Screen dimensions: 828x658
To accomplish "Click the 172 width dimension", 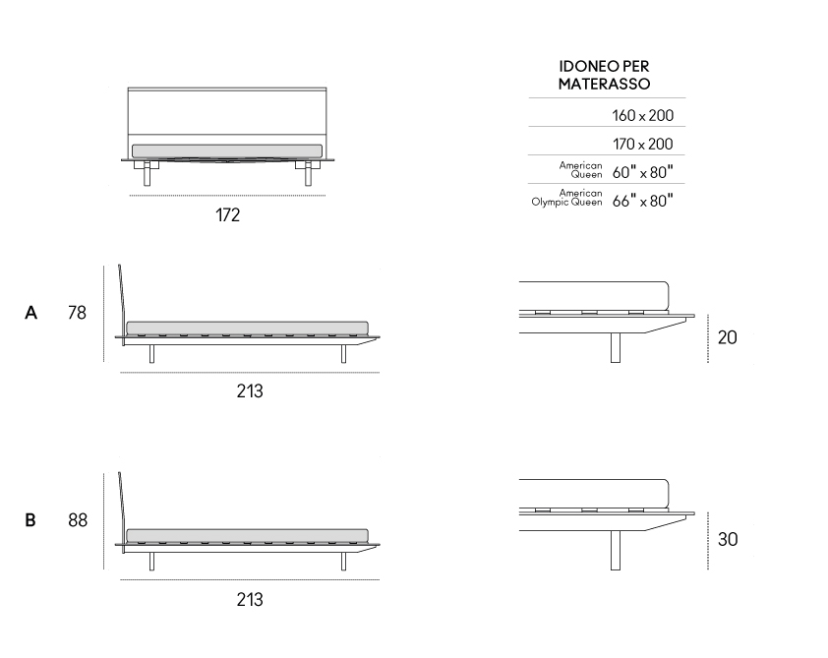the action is coord(227,215).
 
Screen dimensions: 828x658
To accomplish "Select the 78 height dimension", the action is coord(77,313).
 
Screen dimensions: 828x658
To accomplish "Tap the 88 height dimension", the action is coord(78,520).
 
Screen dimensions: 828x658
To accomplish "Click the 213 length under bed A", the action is coord(250,390).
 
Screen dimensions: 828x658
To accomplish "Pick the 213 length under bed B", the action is coord(250,599).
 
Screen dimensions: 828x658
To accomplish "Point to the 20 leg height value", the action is coord(727,337).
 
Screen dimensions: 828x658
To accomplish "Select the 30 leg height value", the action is coord(728,539).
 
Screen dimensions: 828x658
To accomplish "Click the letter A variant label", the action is coord(31,313).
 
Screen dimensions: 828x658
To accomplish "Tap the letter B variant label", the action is coord(30,520).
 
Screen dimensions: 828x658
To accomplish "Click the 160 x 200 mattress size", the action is coord(643,116).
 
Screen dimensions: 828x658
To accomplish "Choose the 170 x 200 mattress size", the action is coord(643,144).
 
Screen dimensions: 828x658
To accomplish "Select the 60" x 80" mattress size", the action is coord(643,171).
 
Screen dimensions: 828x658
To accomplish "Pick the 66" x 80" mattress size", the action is coord(643,201).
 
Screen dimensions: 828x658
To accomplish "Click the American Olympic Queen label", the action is coord(567,198).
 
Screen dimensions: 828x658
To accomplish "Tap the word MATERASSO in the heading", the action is coord(604,84).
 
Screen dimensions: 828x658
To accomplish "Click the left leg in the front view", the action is coord(147,174).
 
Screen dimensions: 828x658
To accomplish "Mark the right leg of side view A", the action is coord(343,354).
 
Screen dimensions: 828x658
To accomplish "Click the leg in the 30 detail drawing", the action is coord(616,550).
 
